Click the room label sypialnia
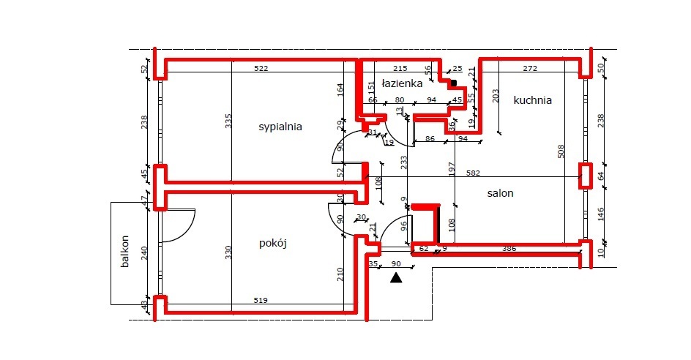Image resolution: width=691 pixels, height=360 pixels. pos(280,127)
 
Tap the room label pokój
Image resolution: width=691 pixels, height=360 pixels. pos(272,244)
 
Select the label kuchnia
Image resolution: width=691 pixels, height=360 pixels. pos(532,100)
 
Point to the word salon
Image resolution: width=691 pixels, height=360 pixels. pos(501,194)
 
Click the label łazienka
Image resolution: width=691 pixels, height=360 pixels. pos(402,84)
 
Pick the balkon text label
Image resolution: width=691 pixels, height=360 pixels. pos(125,252)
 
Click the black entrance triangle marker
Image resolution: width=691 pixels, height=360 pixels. pos(396,277)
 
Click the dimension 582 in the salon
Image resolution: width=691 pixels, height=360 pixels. pos(473,173)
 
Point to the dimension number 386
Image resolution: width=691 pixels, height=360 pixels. pos(509,250)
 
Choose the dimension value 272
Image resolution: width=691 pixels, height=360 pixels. pos(530,69)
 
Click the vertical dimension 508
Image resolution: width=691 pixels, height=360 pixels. pos(561,151)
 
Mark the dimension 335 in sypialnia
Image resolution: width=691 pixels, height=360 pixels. pos(228,121)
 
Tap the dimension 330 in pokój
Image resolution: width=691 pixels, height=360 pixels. pos(228,252)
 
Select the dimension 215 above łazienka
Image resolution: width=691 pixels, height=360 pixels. pos(400,69)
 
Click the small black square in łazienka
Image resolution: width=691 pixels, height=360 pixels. pos(454,83)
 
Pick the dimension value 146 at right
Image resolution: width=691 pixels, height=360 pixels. pos(600,214)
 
